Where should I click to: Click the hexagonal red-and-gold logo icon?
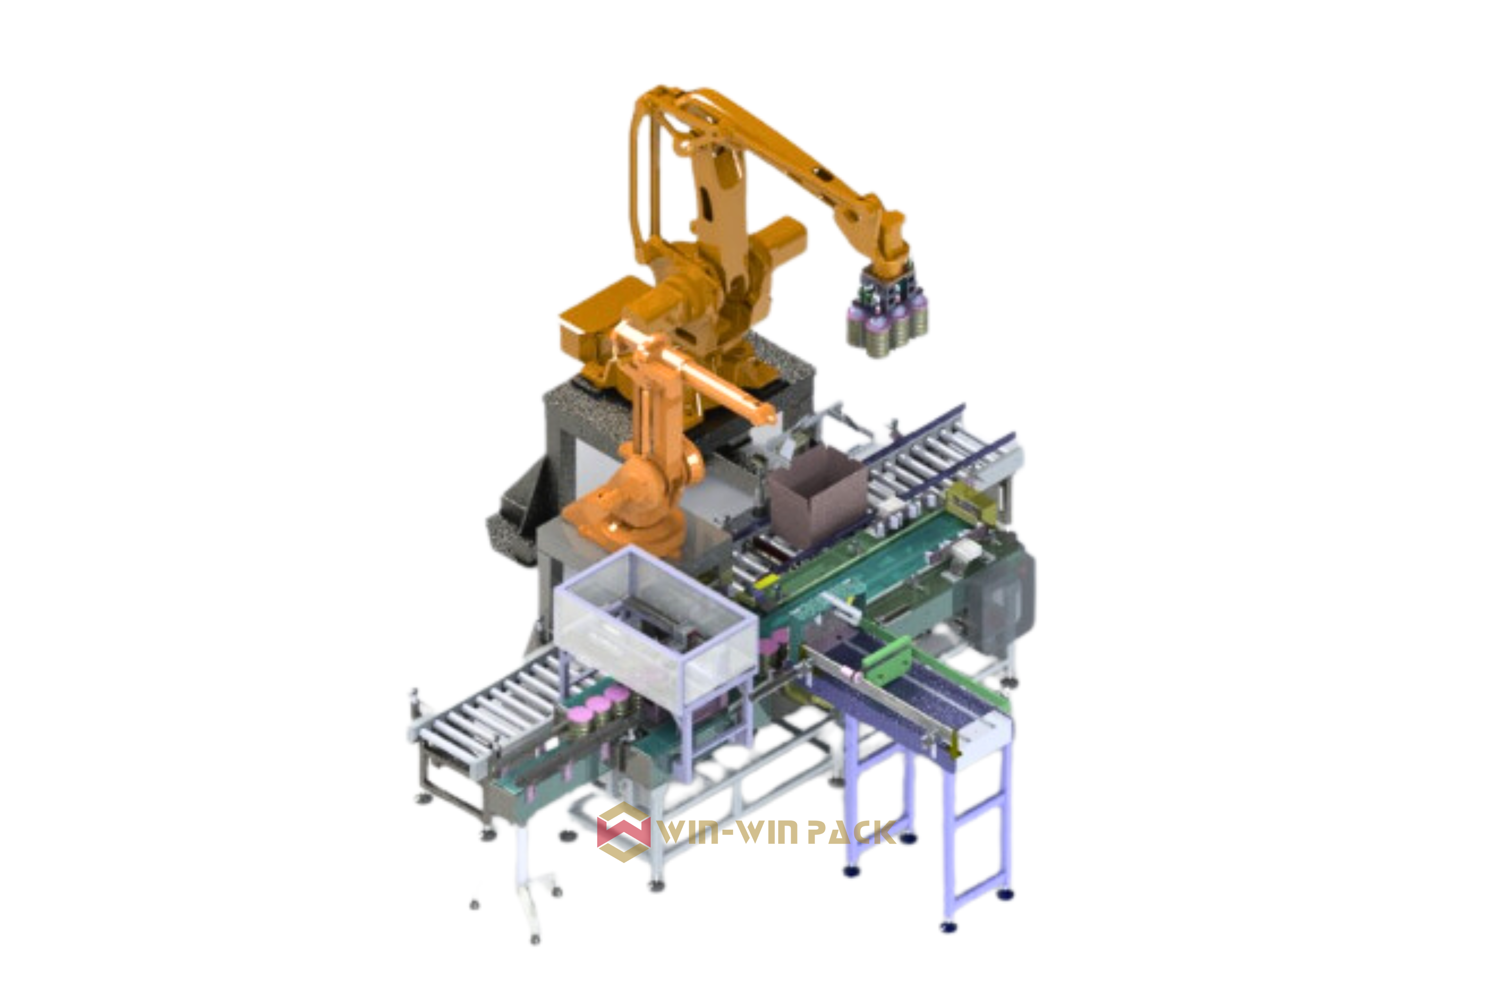click(x=624, y=832)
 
